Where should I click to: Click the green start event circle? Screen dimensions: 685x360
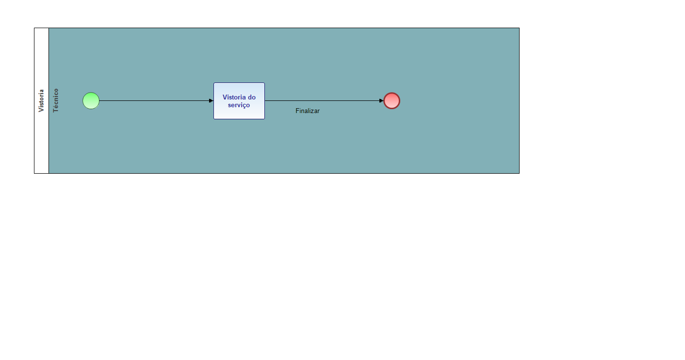coord(91,100)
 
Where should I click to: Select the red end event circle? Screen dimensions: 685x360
coord(391,100)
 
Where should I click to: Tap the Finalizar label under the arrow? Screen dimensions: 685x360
coord(308,111)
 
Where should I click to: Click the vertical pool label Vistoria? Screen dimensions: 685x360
coord(41,100)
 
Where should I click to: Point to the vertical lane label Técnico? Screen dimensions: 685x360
coord(56,100)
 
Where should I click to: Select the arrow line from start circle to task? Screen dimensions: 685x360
coord(156,100)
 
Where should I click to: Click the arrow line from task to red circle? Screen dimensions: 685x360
coord(324,100)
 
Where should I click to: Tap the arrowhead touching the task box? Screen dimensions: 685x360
coord(212,100)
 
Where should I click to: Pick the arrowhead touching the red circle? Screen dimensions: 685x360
coord(381,100)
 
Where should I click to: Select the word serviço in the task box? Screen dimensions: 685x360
coord(239,105)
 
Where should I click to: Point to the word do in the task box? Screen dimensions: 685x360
coord(252,97)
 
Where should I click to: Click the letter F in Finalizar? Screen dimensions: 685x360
coord(297,111)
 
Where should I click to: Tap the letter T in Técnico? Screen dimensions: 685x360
coord(56,111)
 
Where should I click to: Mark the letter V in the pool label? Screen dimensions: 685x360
coord(41,110)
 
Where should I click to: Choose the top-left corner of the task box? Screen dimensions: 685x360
coord(214,83)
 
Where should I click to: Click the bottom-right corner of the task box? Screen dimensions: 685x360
coord(264,119)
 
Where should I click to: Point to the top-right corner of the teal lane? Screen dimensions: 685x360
coord(519,28)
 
